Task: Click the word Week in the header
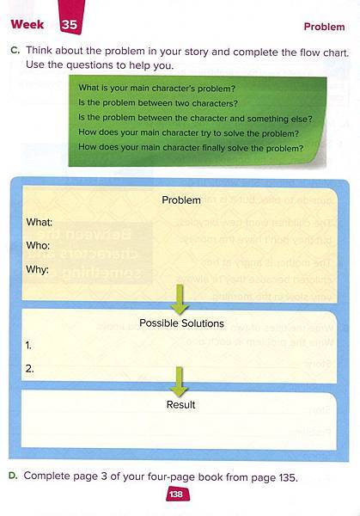pyautogui.click(x=27, y=24)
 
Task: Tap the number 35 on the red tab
pyautogui.click(x=69, y=25)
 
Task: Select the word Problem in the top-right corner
pyautogui.click(x=324, y=27)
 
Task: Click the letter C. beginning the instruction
pyautogui.click(x=15, y=50)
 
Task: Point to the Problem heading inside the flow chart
pyautogui.click(x=181, y=200)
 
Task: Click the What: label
pyautogui.click(x=40, y=222)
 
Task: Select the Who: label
pyautogui.click(x=38, y=245)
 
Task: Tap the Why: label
pyautogui.click(x=37, y=269)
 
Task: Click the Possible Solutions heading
pyautogui.click(x=181, y=323)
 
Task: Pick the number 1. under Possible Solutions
pyautogui.click(x=28, y=346)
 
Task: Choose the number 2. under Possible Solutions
pyautogui.click(x=29, y=369)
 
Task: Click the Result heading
pyautogui.click(x=180, y=404)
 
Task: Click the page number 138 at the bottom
pyautogui.click(x=176, y=494)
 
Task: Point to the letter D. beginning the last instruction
pyautogui.click(x=13, y=476)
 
